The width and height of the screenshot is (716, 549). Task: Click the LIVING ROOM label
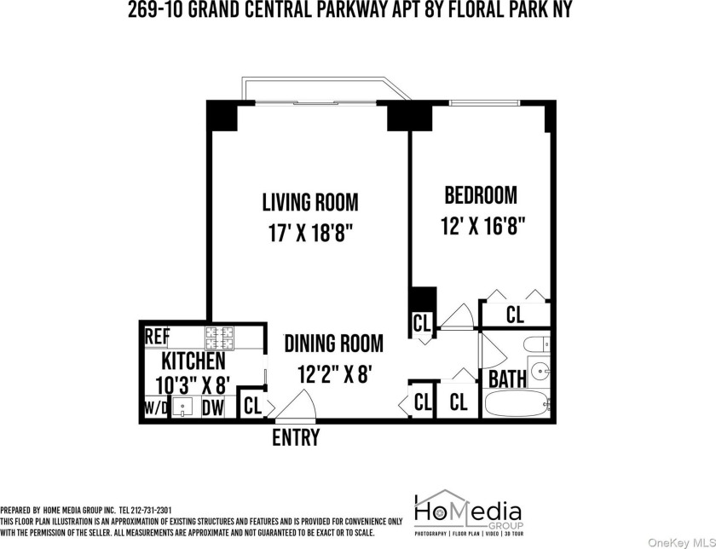[x=310, y=202]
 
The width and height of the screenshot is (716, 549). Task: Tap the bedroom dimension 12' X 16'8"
[x=482, y=226]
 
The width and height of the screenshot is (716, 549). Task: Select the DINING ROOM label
[x=334, y=344]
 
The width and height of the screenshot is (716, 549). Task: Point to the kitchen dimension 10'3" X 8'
[x=192, y=384]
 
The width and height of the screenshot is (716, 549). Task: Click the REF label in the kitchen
[x=157, y=337]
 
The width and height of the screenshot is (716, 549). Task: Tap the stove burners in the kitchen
[x=219, y=338]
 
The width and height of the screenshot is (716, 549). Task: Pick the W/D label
[x=156, y=407]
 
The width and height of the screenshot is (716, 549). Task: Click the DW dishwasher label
[x=213, y=407]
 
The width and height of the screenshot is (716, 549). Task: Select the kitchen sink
[x=182, y=407]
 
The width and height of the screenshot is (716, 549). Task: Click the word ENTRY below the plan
[x=296, y=437]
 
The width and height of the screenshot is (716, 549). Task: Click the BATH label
[x=507, y=379]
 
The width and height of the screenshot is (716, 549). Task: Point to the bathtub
[x=517, y=403]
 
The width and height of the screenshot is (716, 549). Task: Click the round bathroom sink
[x=540, y=371]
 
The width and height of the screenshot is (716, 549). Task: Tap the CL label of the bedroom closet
[x=515, y=315]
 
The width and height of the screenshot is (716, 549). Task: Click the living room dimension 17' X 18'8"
[x=311, y=234]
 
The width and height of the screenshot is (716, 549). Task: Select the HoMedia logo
[x=468, y=512]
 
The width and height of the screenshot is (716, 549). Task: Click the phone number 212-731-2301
[x=151, y=510]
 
